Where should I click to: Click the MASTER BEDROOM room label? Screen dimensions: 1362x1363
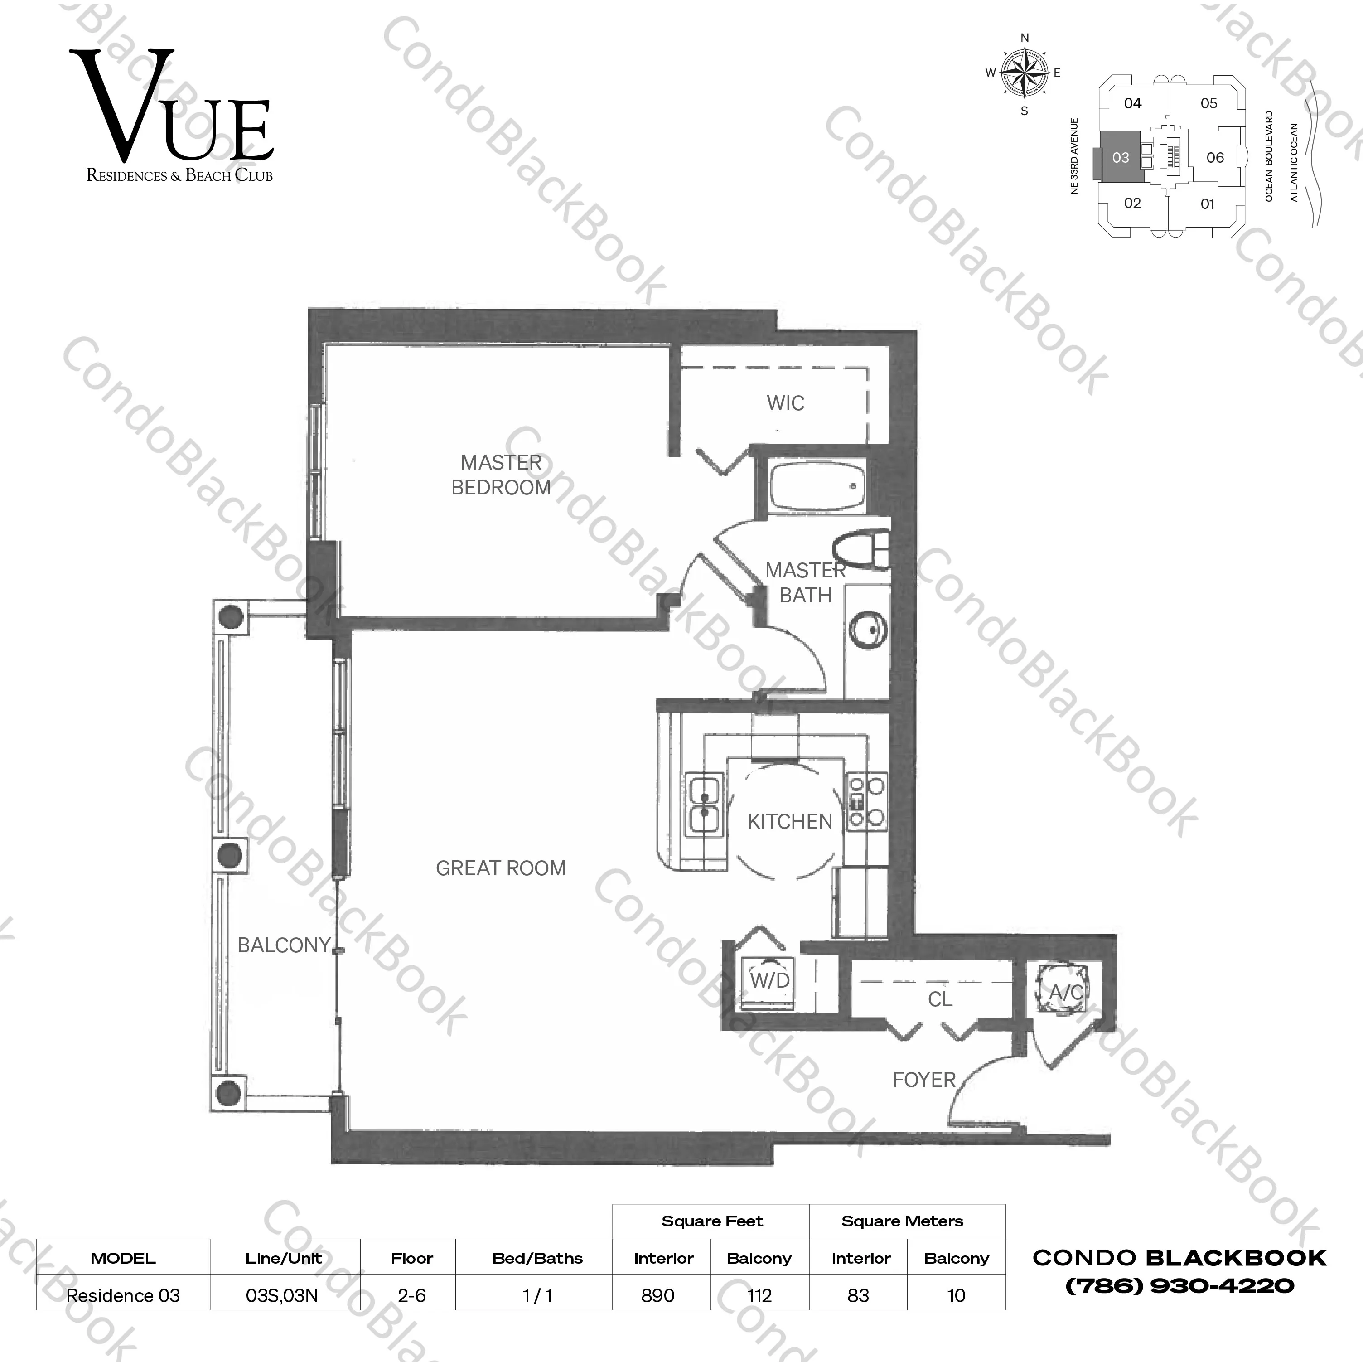(x=501, y=475)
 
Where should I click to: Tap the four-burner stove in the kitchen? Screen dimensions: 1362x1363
(x=867, y=801)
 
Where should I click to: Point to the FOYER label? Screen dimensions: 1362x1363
(x=923, y=1080)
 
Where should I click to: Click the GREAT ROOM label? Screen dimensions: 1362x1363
(x=500, y=868)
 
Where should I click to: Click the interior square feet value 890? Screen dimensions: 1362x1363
(x=657, y=1296)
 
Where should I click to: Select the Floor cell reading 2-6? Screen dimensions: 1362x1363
(x=411, y=1296)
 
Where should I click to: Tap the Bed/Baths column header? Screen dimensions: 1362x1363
(x=537, y=1258)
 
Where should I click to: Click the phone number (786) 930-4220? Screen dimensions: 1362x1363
(x=1179, y=1286)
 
